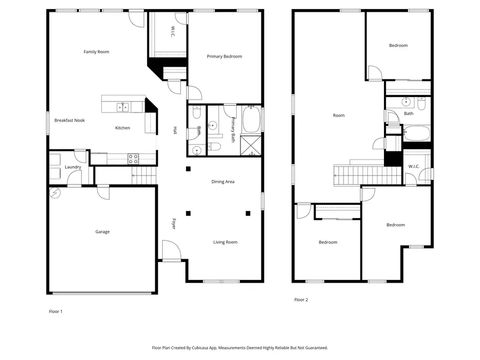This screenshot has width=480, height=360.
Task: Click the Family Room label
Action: (97, 52)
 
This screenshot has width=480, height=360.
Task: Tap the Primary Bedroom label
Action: (225, 57)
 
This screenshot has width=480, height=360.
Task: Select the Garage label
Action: (102, 232)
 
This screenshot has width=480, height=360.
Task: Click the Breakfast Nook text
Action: (69, 121)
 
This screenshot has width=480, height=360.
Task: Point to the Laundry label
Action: (73, 167)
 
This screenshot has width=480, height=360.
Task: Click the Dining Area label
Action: (223, 182)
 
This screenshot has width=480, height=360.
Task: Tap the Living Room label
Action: (225, 243)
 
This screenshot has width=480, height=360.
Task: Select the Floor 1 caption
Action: (55, 311)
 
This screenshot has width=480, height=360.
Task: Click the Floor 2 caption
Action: (301, 300)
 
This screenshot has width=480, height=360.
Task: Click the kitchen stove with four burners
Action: (133, 159)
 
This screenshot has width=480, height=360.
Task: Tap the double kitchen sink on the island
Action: (123, 107)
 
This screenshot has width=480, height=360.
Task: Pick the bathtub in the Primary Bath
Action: (251, 119)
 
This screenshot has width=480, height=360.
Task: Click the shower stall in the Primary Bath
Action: (251, 146)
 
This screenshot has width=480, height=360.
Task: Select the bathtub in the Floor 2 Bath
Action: (417, 133)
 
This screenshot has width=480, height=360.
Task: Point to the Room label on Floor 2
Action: (339, 116)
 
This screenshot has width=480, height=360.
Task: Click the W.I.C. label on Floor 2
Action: (414, 166)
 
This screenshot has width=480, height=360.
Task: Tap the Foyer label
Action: (174, 224)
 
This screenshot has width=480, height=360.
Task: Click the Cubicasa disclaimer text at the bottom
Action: (240, 348)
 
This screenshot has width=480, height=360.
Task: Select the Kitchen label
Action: (123, 128)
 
